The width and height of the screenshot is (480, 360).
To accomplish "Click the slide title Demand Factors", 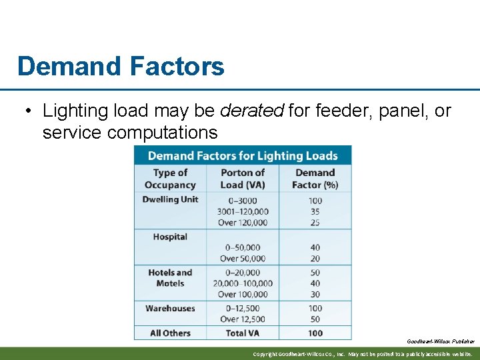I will tap(121, 67).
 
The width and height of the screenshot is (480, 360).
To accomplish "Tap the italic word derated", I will tap(252, 111).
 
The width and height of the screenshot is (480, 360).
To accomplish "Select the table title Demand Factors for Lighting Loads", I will tap(243, 156).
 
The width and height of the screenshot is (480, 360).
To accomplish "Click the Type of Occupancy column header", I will tap(170, 179).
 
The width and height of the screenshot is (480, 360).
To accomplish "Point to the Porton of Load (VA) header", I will tap(243, 179).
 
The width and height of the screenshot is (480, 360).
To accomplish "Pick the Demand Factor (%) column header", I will tap(315, 179).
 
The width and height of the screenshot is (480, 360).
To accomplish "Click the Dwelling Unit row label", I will tap(170, 199).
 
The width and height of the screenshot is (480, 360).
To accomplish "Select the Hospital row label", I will tap(170, 237).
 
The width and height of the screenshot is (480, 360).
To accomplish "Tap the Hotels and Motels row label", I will tap(170, 278).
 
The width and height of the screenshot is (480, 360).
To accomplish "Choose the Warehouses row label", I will tap(170, 309).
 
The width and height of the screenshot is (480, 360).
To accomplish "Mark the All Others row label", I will tap(170, 333).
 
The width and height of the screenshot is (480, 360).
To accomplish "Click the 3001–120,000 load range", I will tap(243, 212).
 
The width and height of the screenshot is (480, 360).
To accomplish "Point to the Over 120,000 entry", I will tap(243, 223).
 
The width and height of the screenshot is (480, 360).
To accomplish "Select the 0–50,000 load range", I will tap(243, 248).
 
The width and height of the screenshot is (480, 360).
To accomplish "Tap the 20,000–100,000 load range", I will tap(243, 283).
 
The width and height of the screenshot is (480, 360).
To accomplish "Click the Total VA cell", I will tap(243, 333).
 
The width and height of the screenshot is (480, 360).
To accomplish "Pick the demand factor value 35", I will tap(315, 212).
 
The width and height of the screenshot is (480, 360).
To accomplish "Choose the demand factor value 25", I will tap(315, 223).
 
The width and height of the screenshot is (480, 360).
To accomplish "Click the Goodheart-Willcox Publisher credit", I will tap(441, 341).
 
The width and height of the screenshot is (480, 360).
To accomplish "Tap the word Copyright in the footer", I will tap(265, 354).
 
